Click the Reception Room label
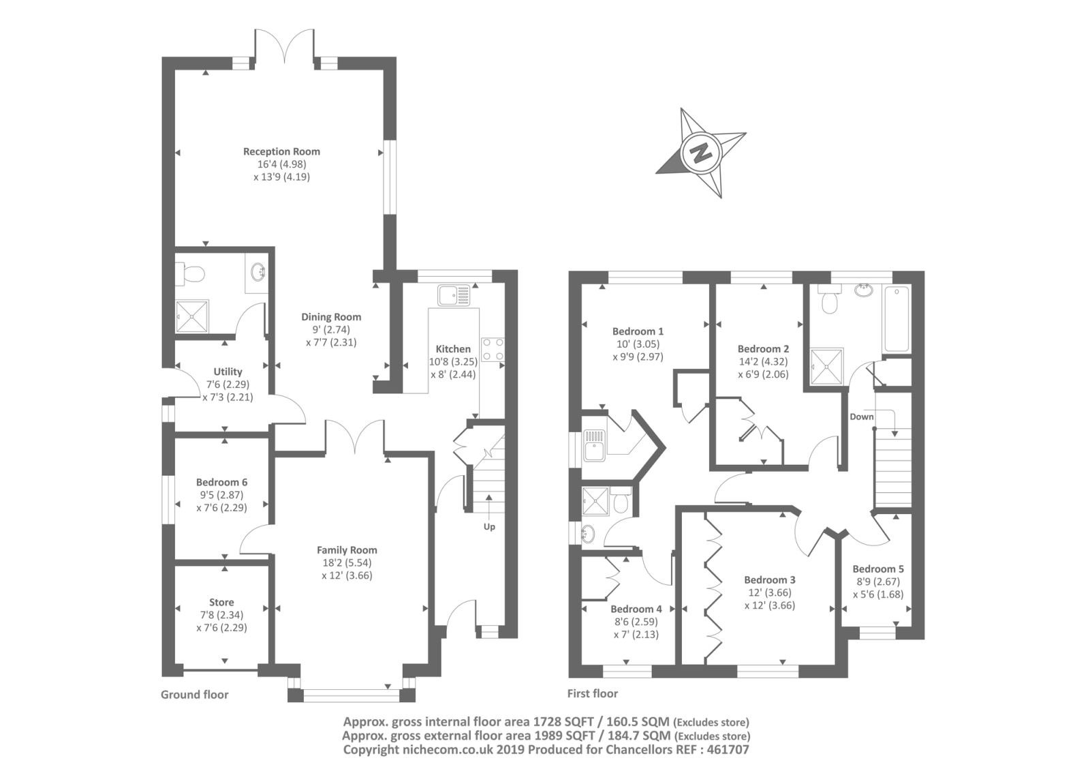click(281, 151)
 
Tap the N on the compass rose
click(699, 152)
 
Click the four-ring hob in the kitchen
click(493, 349)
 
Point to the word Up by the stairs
click(489, 526)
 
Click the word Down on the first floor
click(861, 417)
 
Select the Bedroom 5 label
click(878, 569)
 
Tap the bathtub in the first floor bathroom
click(896, 319)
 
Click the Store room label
click(221, 602)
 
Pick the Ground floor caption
click(194, 695)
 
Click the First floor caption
click(593, 693)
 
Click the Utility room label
click(228, 372)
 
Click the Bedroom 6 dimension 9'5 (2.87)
click(221, 495)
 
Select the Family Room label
click(347, 549)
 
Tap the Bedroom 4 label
click(636, 609)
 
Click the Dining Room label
click(331, 316)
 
